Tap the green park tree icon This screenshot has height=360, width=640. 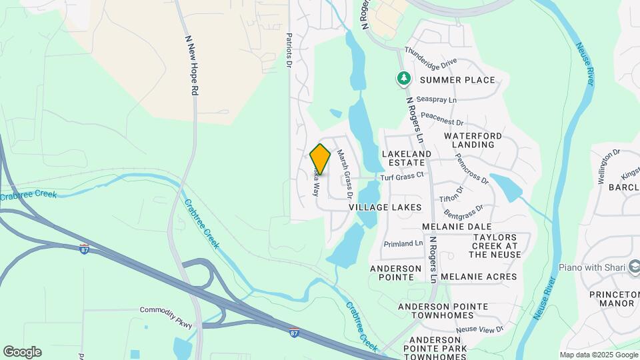tap(403, 79)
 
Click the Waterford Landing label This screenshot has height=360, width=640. tap(473, 140)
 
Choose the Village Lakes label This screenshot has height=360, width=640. tap(385, 207)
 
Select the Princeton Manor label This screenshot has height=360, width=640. tap(612, 299)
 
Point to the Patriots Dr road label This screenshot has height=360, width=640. tap(289, 50)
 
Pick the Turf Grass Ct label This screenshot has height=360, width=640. tap(402, 177)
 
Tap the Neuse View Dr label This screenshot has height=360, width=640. tap(480, 330)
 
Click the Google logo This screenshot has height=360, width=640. tap(22, 351)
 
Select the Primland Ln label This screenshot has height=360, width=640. tap(403, 244)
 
